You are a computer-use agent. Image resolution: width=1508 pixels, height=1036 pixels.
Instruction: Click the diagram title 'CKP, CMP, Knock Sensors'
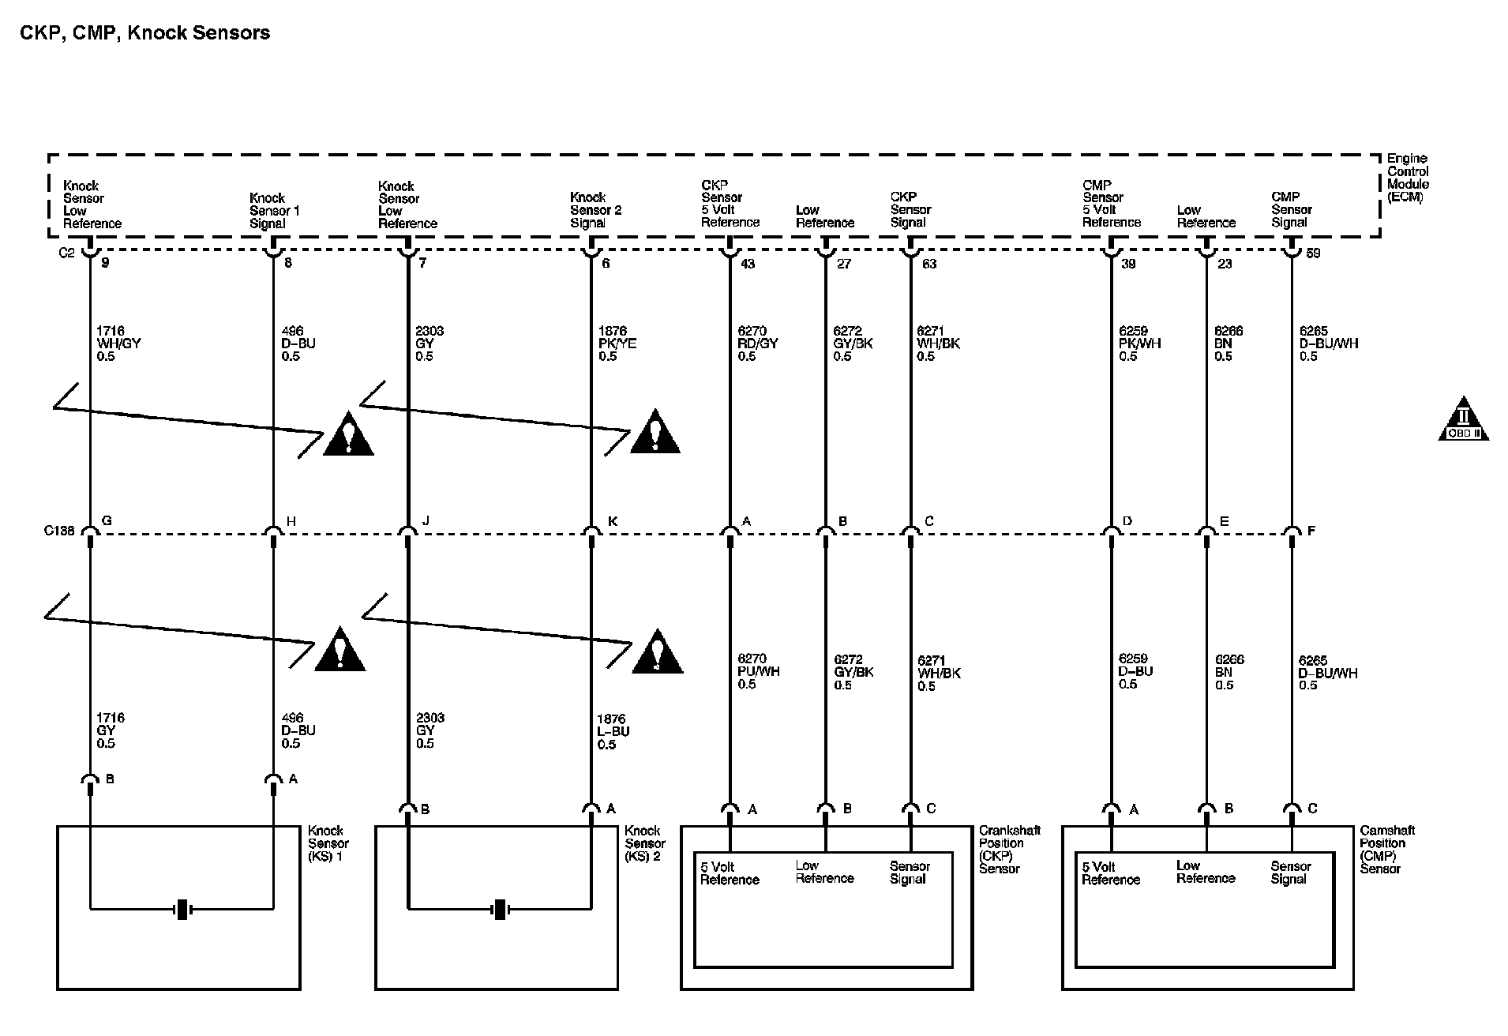point(144,33)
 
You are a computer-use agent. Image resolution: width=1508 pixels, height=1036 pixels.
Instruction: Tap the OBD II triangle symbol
point(1463,419)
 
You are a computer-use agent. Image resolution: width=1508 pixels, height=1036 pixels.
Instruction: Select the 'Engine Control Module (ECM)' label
point(1408,178)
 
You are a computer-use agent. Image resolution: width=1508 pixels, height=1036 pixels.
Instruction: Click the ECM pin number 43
point(747,264)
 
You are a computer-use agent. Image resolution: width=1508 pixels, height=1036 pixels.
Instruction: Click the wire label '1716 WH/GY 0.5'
point(118,343)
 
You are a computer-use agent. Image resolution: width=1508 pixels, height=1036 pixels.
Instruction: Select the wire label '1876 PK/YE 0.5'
point(617,343)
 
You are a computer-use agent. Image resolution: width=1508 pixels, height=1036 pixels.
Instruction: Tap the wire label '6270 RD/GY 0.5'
point(757,343)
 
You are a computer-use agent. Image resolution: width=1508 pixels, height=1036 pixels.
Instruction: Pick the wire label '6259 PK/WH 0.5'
point(1139,343)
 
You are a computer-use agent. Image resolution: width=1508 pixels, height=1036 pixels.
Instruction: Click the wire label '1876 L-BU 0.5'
point(613,731)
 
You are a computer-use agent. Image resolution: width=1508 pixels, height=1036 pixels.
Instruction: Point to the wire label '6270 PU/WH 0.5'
point(758,671)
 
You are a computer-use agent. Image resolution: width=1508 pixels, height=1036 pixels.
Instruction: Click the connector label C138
point(59,531)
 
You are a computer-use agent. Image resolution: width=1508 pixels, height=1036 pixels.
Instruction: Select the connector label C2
point(67,253)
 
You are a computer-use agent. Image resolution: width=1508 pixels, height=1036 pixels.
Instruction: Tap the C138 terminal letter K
point(613,521)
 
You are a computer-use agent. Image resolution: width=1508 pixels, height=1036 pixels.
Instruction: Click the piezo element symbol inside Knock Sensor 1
point(182,909)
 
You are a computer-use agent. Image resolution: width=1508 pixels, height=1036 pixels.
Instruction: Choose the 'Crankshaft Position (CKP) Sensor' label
point(1010,850)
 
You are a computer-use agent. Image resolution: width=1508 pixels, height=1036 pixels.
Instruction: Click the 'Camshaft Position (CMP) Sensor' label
point(1387,850)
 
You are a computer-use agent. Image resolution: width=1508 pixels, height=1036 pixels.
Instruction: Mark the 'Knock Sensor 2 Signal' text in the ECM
point(595,210)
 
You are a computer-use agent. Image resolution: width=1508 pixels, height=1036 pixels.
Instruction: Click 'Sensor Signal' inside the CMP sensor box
point(1290,873)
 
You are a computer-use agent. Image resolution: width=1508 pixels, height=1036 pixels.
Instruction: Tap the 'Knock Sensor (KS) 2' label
point(644,843)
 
